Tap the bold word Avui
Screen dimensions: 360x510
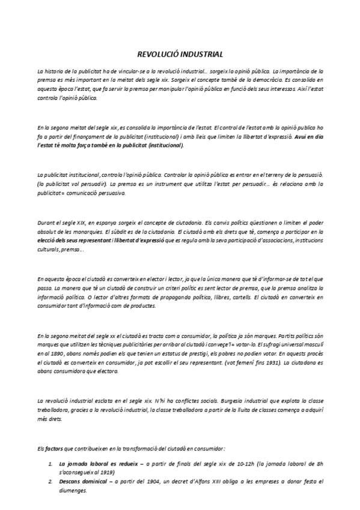click(298, 137)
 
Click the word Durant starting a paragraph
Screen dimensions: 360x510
click(45, 222)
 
